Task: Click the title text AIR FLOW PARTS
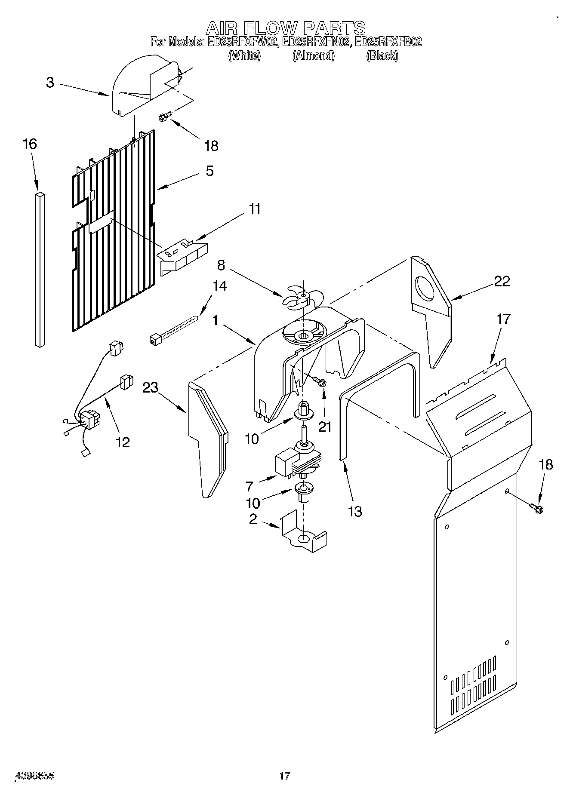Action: click(x=286, y=28)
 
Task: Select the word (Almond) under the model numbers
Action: click(x=313, y=56)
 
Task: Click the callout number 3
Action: click(x=50, y=83)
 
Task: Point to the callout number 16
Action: click(x=30, y=144)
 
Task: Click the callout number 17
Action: click(x=503, y=319)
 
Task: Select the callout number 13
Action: click(x=355, y=511)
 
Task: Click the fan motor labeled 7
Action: click(x=297, y=462)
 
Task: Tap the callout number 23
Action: click(x=151, y=388)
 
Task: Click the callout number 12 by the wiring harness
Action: click(x=123, y=442)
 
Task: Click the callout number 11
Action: click(x=255, y=209)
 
